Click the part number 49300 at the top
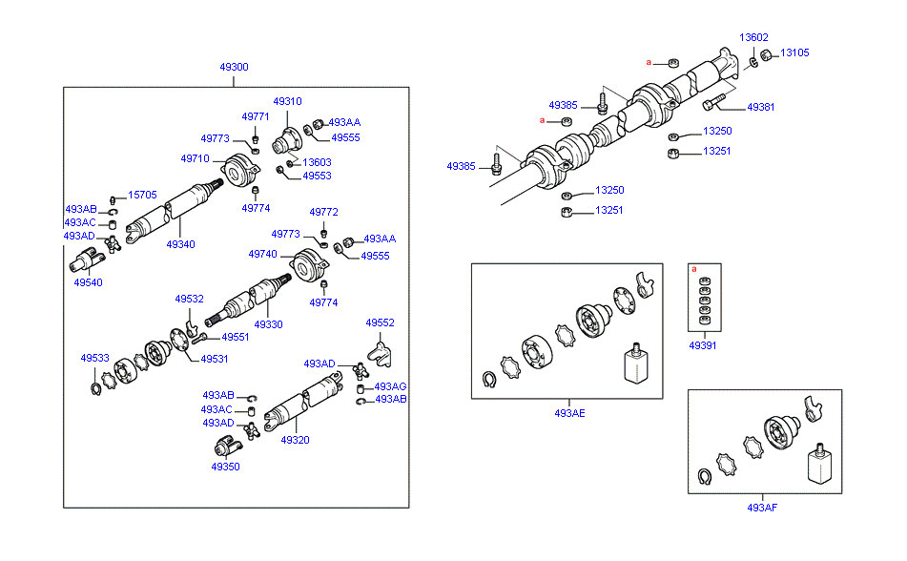[234, 68]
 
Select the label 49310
[287, 101]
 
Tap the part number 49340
[180, 244]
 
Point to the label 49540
[88, 282]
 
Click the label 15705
[142, 195]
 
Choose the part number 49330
[268, 324]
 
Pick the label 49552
[381, 322]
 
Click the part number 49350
[226, 467]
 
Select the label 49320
[295, 440]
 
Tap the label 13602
[753, 37]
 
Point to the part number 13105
[795, 53]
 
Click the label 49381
[760, 107]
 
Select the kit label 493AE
[568, 413]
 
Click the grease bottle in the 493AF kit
[818, 467]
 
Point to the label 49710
[195, 158]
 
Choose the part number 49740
[263, 255]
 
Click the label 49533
[94, 358]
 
